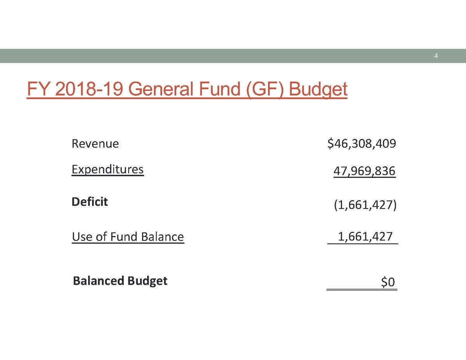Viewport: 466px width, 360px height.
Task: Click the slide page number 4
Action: [436, 56]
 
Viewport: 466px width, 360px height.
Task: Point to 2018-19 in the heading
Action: [89, 89]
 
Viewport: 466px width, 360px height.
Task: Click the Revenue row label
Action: [95, 144]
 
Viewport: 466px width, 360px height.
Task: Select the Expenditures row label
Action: [108, 170]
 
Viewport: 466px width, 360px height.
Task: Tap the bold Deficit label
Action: [90, 202]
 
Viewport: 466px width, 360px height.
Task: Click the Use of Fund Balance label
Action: [128, 237]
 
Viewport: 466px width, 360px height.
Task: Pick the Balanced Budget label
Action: [120, 280]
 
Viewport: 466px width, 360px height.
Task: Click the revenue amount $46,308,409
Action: [362, 144]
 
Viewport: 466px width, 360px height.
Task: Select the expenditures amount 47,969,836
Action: [364, 170]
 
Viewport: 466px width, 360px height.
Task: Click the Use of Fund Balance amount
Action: [365, 237]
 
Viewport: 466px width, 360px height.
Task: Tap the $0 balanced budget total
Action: [388, 282]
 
